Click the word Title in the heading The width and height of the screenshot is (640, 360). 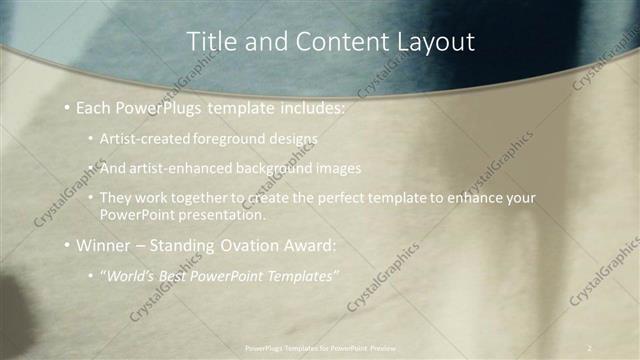[211, 41]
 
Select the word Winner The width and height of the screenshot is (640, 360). [105, 244]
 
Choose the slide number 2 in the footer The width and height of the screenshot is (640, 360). [589, 347]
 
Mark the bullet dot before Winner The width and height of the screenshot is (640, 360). [67, 245]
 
